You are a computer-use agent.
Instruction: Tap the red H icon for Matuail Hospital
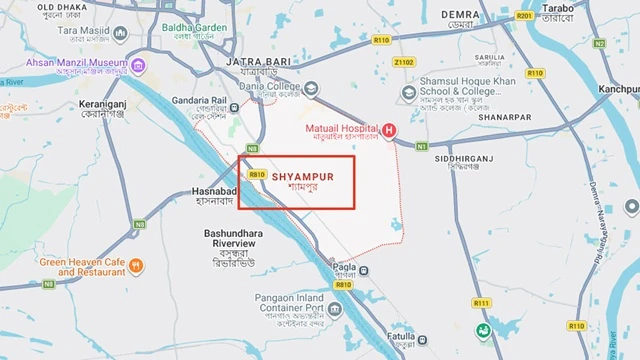(389, 131)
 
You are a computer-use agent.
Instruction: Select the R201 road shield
(524, 16)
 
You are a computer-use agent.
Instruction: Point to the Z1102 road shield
(404, 62)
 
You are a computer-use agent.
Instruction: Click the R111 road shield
(482, 303)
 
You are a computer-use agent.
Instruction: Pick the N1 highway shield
(422, 147)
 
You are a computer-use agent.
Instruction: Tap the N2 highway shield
(599, 44)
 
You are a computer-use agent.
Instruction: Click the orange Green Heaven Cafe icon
(137, 265)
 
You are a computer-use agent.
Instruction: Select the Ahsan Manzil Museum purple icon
(140, 66)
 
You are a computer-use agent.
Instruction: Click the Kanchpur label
(619, 89)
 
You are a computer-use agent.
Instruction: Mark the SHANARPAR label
(504, 116)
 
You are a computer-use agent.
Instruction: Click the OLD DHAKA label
(61, 7)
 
